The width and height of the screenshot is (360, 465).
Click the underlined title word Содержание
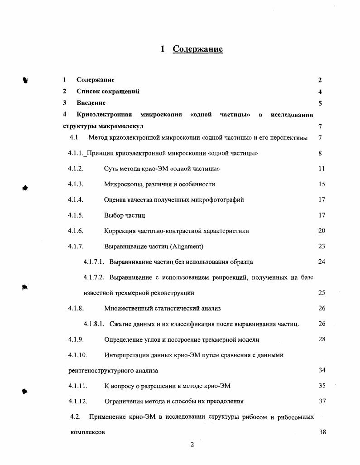click(197, 49)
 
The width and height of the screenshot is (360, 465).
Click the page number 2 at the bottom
click(192, 445)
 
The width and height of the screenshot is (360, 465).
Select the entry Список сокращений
click(108, 92)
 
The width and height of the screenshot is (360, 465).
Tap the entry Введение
click(91, 103)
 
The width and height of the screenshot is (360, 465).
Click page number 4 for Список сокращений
click(320, 92)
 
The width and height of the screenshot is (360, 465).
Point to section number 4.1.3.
click(76, 184)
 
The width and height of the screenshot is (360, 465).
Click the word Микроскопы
click(120, 184)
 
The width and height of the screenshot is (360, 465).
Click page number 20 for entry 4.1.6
click(322, 231)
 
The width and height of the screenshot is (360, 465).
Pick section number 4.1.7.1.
click(94, 262)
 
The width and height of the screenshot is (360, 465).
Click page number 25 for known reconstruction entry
click(322, 293)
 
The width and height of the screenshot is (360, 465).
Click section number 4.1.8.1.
click(94, 324)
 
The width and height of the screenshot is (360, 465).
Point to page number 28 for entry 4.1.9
click(322, 339)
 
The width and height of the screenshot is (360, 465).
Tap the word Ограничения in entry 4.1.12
click(123, 402)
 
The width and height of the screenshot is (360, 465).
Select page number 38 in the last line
click(322, 432)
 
